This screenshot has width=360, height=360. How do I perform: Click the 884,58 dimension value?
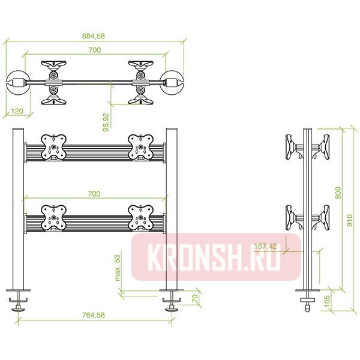pos(95,37)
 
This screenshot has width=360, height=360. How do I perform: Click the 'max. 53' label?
pos(118,267)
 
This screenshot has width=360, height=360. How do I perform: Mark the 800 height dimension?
pos(338,191)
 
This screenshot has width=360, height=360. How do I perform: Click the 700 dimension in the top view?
pos(94,50)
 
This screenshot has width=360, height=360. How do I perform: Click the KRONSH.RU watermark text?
pos(215,257)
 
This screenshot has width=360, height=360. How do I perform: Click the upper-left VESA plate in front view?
pos(53,148)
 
